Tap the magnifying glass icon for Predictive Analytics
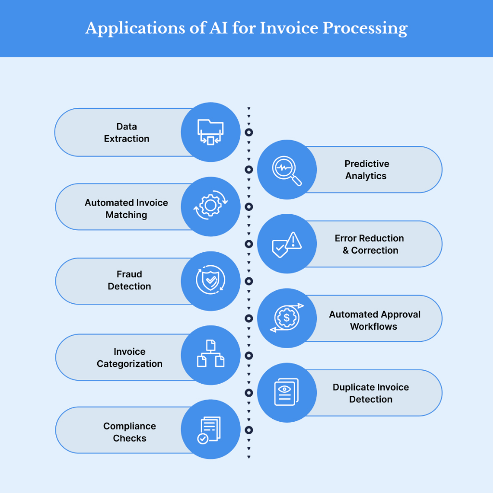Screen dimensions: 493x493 [286, 171]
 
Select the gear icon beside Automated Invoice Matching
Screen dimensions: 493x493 [210, 206]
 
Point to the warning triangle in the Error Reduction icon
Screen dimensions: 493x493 [294, 241]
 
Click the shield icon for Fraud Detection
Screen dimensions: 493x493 [210, 280]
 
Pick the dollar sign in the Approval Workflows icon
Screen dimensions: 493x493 [286, 318]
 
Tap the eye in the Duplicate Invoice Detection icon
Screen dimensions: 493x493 [285, 389]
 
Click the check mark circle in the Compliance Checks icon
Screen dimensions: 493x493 [203, 438]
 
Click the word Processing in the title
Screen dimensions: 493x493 [365, 28]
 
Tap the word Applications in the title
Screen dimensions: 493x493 [135, 28]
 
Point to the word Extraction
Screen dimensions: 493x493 [127, 139]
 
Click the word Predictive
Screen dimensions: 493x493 [367, 164]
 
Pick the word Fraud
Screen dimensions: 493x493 [129, 274]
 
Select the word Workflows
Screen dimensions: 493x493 [374, 327]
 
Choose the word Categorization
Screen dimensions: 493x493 [130, 364]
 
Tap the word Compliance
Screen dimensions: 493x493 [130, 427]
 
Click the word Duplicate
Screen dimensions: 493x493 [353, 388]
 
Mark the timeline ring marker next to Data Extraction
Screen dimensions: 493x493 [249, 132]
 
